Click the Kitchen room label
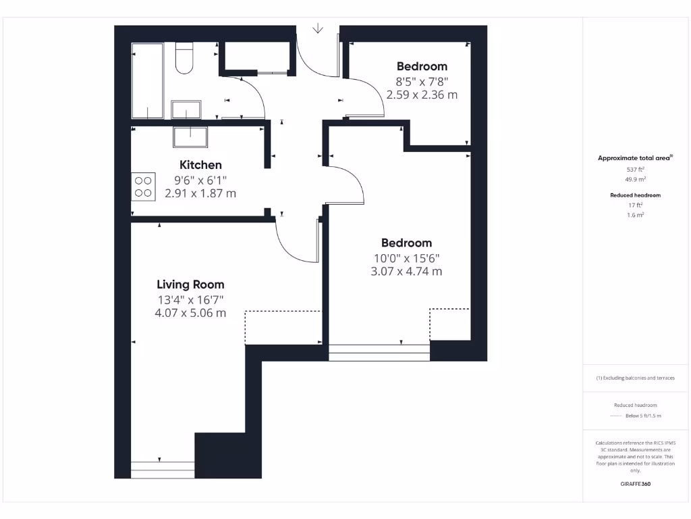200,165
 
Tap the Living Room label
190,285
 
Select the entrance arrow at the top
317,28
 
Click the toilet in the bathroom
184,58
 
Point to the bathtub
147,81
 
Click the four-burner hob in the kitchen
143,187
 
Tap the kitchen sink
191,137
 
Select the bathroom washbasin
186,109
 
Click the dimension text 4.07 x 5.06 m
190,313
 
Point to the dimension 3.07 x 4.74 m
406,272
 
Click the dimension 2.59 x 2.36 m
422,95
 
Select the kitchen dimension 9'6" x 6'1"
200,180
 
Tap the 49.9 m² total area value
635,180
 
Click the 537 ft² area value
635,170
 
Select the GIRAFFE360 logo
635,484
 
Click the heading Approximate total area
634,158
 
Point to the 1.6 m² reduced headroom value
635,214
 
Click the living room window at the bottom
163,469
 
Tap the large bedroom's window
379,353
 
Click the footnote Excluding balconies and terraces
635,378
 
